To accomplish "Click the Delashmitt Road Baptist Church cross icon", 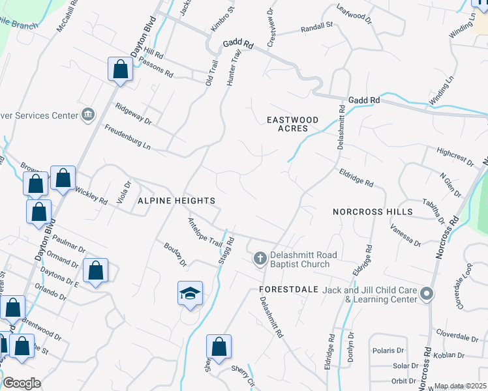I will tap(260, 259).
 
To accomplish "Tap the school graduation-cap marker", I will tap(190, 293).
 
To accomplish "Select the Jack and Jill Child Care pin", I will tap(427, 295).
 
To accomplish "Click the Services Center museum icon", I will tap(87, 115).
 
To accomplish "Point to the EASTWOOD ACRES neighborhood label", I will tap(293, 124).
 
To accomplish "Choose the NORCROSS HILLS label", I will tap(373, 212).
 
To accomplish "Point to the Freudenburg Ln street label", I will tap(128, 138).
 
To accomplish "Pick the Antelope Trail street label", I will tap(206, 231).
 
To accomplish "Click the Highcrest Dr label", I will tap(455, 158).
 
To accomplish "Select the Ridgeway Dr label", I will tap(133, 113).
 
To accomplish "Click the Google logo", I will tap(21, 383).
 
